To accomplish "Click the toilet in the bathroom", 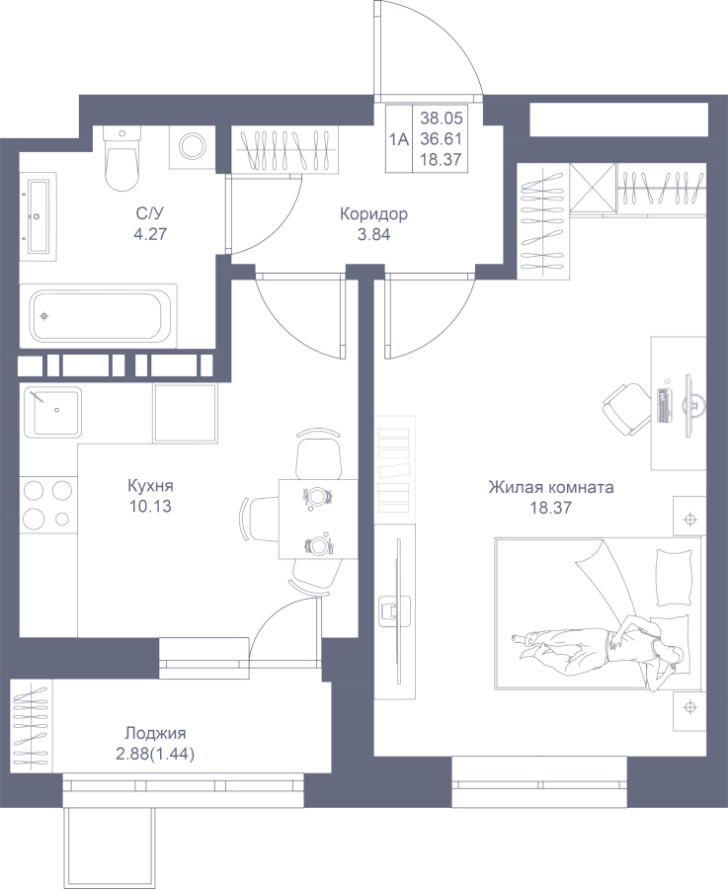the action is coord(121,159).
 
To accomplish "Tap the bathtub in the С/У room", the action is coord(98,316).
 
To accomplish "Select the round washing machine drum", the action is coord(193,146).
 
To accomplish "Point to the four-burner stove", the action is coord(48,504).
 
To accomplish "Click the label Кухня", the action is coord(150,486).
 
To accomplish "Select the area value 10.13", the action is coord(150,506).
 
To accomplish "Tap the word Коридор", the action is coord(373,214).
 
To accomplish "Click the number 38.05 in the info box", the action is coord(442,118).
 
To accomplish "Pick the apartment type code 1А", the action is coord(399,139).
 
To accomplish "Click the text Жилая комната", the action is coord(550,487).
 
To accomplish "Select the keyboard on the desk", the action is coord(664,405).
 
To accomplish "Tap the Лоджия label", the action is coord(155,734).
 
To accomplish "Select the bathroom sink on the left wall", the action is coord(40,216).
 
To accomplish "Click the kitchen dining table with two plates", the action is coord(318,519).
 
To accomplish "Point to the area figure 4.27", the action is coord(150,233).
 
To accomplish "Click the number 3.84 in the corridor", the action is coord(373,234).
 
